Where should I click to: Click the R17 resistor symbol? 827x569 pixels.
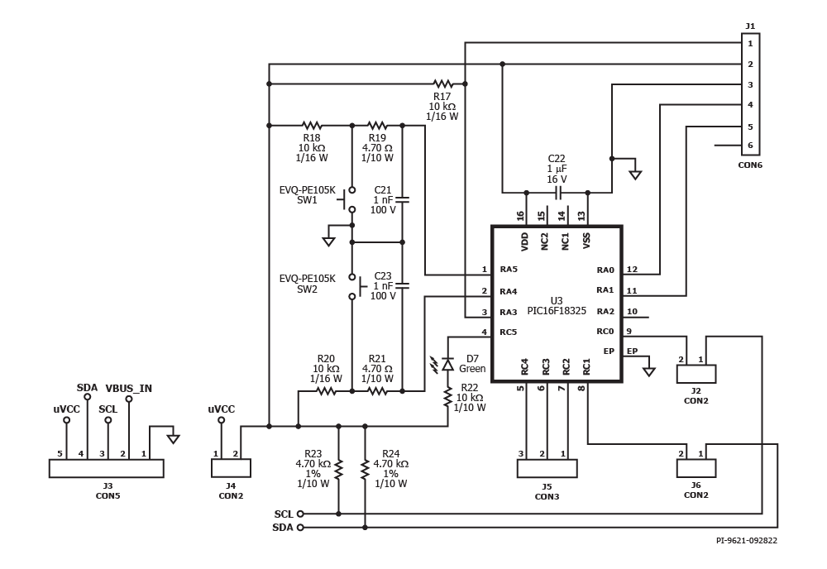[x=443, y=84]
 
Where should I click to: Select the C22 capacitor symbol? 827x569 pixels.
[x=557, y=193]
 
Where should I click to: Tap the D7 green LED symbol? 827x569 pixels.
[x=447, y=364]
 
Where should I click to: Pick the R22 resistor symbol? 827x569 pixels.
[x=447, y=397]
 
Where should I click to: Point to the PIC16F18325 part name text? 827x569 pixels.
[x=557, y=311]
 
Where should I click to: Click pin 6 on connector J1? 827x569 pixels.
[x=751, y=146]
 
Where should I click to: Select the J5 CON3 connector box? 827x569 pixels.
[x=547, y=468]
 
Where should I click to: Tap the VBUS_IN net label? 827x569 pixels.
[x=129, y=389]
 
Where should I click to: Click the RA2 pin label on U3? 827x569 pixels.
[x=605, y=311]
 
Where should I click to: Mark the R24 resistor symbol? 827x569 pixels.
[x=365, y=469]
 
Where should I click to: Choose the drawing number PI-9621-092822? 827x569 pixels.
[x=746, y=541]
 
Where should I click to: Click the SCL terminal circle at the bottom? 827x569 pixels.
[x=300, y=514]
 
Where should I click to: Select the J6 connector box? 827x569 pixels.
[x=696, y=468]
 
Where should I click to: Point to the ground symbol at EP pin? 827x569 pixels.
[x=648, y=371]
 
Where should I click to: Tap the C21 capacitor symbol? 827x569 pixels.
[x=403, y=200]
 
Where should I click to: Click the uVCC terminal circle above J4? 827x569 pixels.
[x=222, y=420]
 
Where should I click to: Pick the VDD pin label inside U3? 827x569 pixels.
[x=524, y=241]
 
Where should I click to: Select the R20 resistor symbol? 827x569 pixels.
[x=326, y=390]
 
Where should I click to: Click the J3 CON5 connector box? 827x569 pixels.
[x=107, y=468]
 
